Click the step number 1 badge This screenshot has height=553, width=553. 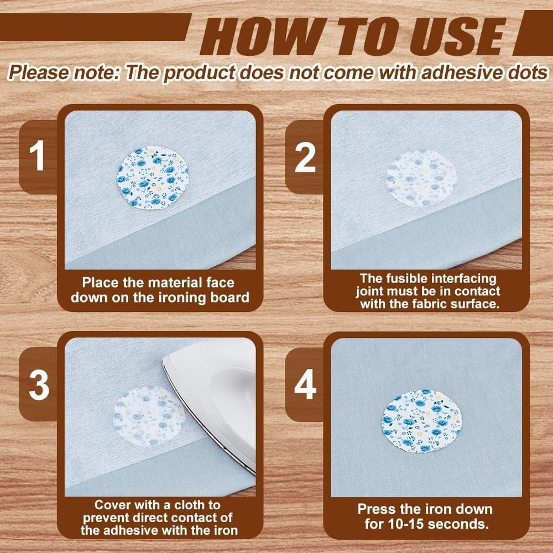(x=38, y=156)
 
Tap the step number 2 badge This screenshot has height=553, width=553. (x=304, y=157)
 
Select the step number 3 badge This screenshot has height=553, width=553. (x=38, y=384)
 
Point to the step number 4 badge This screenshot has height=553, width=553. (x=304, y=384)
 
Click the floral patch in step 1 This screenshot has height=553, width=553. (x=153, y=178)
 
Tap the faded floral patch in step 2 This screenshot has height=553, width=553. (x=421, y=178)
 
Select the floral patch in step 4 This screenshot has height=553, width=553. (x=421, y=421)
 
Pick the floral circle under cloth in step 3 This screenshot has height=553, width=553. (x=149, y=416)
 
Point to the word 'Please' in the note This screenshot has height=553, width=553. (x=38, y=73)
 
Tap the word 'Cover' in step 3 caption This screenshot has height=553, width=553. (x=111, y=505)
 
